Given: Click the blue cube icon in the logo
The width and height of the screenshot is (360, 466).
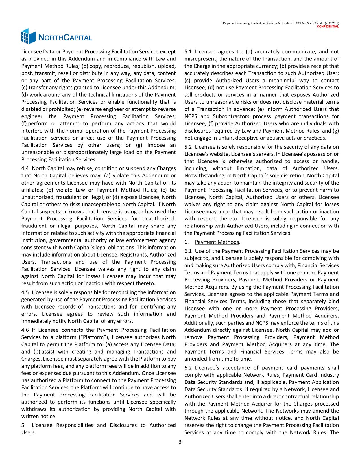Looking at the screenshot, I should pos(29,36).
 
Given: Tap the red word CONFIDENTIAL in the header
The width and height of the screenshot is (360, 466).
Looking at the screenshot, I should pos(328,27).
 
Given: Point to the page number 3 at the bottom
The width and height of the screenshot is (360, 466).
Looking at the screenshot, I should pos(180,442).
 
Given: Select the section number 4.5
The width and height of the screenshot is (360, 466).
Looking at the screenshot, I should pos(25,292).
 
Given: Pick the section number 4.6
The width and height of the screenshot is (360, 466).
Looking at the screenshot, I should pos(25,330).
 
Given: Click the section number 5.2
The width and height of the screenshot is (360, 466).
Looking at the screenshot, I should pos(188,147).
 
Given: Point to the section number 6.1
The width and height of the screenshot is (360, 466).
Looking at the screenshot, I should pos(188,251).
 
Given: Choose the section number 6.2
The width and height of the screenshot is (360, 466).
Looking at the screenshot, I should pos(188,368).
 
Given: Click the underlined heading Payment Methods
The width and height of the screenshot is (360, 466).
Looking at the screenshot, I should pos(217,242).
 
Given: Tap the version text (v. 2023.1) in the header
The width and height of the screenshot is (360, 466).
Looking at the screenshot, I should pos(330,23).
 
